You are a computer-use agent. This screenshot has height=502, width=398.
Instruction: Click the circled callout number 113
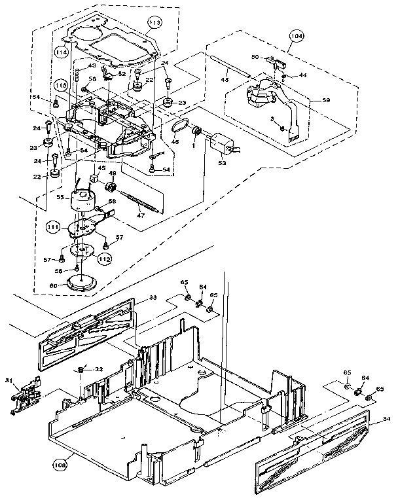[154, 23]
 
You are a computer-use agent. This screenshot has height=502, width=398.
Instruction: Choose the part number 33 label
[153, 298]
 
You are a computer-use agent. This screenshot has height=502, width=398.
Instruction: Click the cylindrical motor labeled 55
[84, 200]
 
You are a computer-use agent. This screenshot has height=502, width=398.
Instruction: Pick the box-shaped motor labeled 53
[221, 143]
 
